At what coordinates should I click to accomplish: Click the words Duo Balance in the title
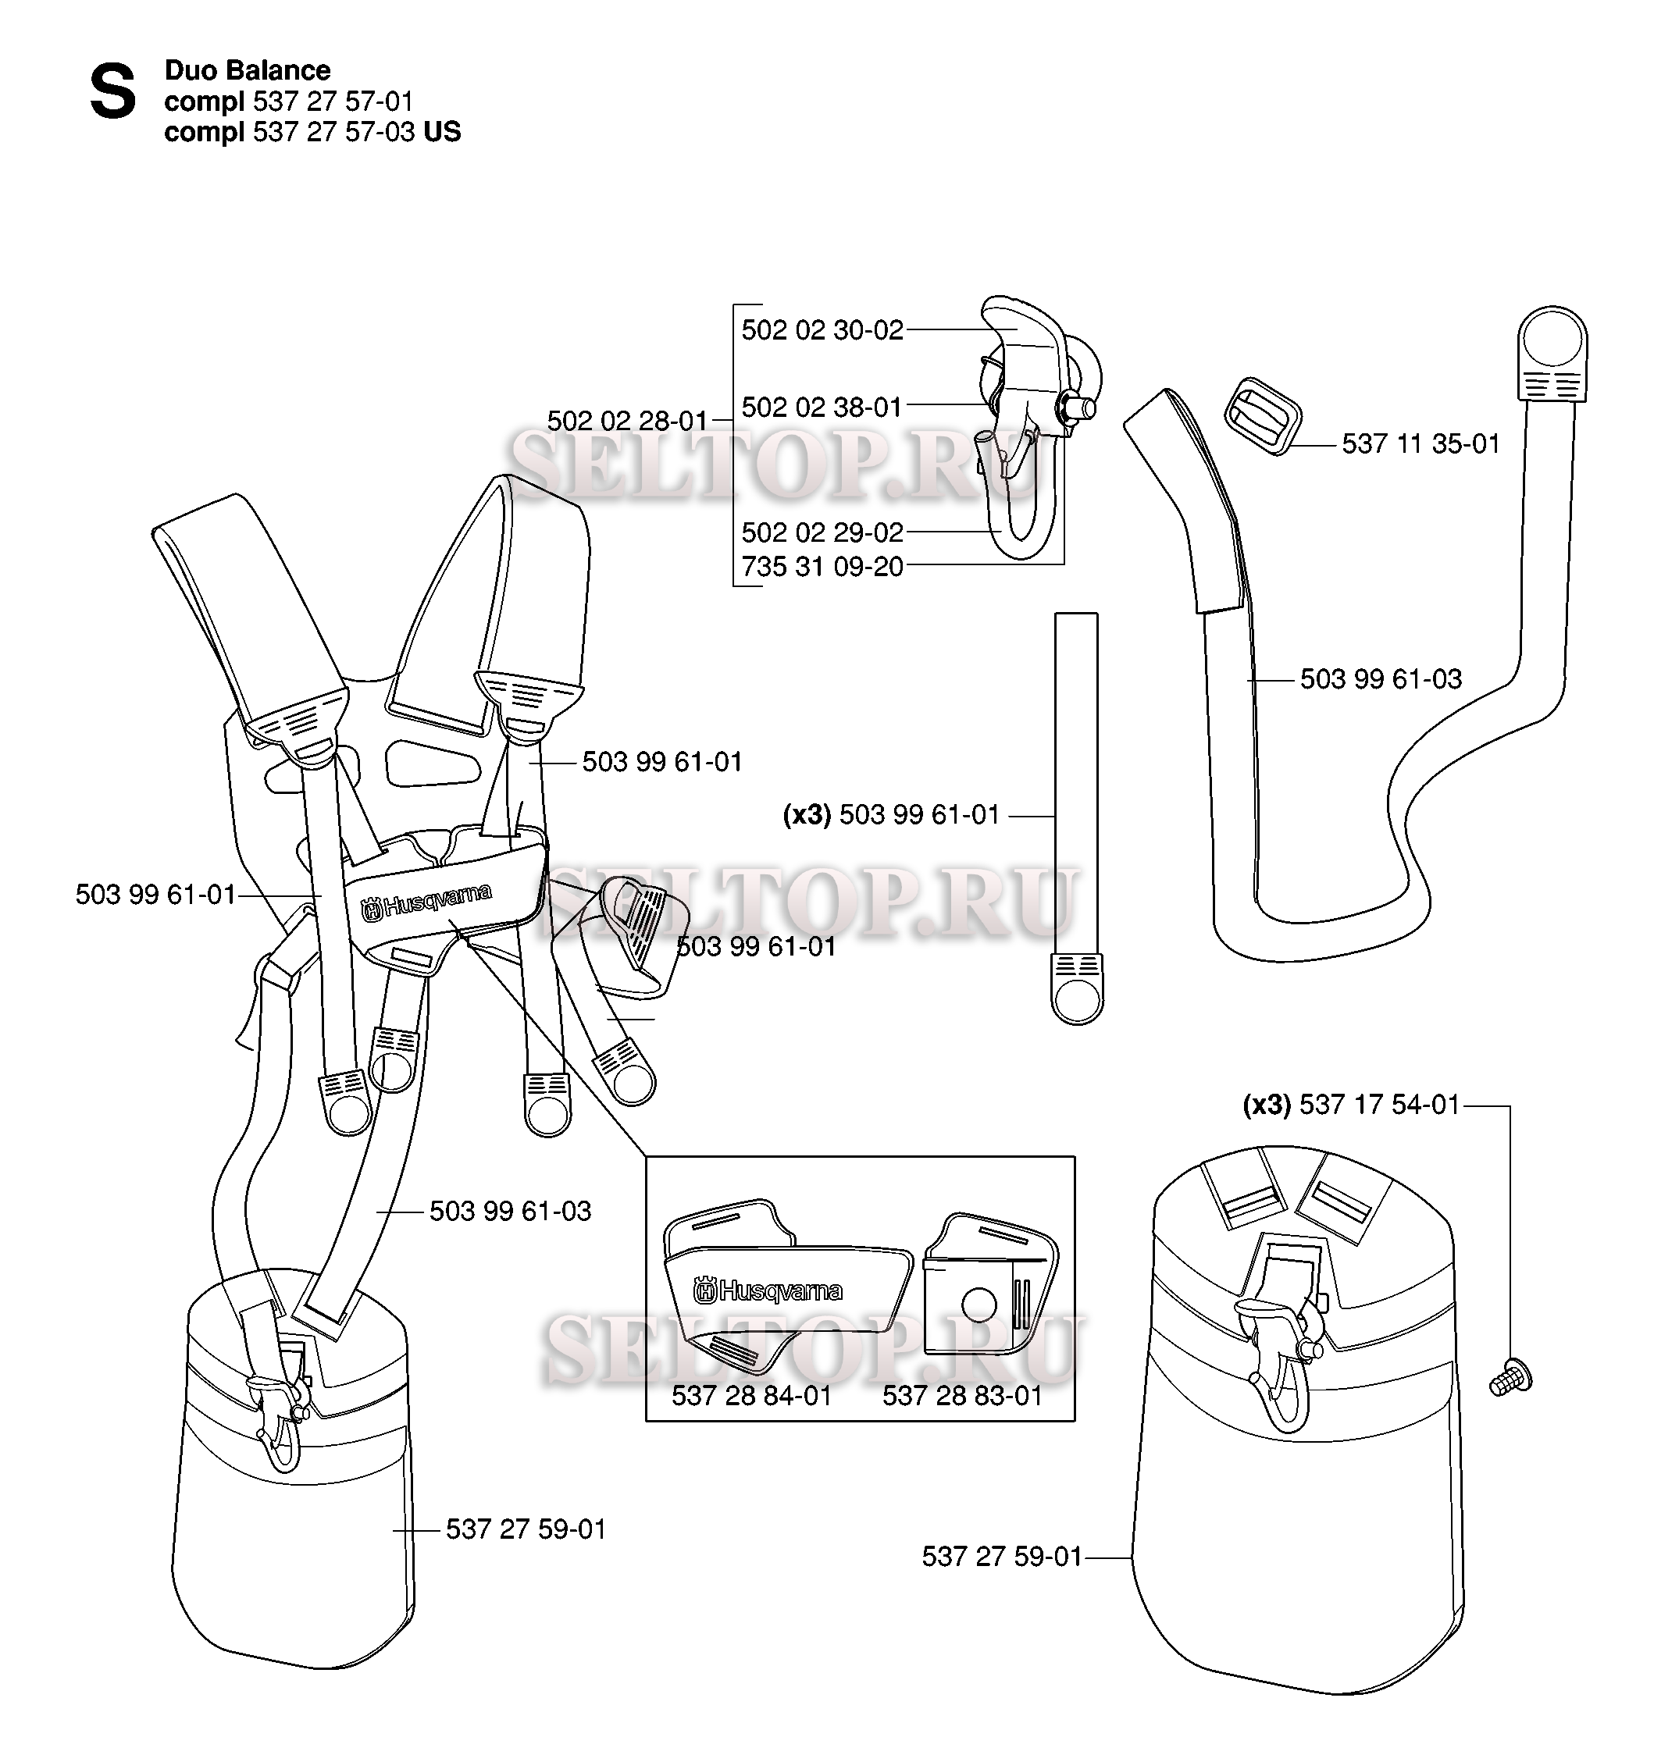[x=248, y=70]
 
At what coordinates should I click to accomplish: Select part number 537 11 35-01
[x=1420, y=443]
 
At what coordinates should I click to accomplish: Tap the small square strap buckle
[x=1263, y=415]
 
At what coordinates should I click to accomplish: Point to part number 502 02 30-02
[x=822, y=329]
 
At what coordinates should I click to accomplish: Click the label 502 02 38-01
[x=822, y=407]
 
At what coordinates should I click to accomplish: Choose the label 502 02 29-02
[x=822, y=532]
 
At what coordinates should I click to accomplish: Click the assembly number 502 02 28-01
[x=628, y=420]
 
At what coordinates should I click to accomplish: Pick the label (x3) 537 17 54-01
[x=1351, y=1105]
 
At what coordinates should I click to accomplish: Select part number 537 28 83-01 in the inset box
[x=962, y=1396]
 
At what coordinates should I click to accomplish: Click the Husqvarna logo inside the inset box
[x=768, y=1290]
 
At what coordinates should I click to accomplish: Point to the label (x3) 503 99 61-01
[x=891, y=814]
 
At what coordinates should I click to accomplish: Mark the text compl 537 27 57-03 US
[x=313, y=131]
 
